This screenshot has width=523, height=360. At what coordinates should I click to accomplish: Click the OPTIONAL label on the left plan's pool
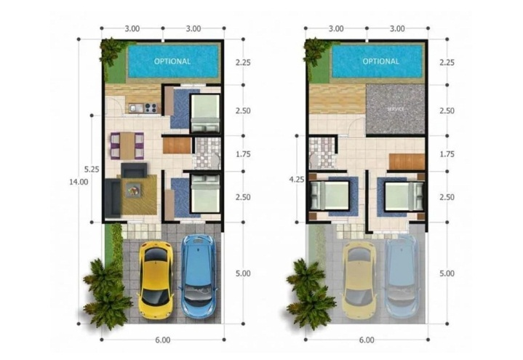tap(172, 61)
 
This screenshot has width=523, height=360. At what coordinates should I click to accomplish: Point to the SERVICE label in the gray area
tap(396, 109)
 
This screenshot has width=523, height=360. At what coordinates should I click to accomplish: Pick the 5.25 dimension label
tap(92, 169)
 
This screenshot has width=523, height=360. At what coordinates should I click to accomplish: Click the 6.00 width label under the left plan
tap(162, 340)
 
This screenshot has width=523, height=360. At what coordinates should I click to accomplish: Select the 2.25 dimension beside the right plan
tap(447, 62)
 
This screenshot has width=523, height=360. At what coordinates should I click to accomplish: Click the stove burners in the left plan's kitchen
tap(150, 109)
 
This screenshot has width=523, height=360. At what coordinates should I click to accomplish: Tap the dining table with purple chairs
tap(127, 145)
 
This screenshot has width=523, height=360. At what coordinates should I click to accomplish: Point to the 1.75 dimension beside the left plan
tap(243, 154)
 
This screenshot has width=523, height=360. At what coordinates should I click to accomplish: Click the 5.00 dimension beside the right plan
tap(447, 273)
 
